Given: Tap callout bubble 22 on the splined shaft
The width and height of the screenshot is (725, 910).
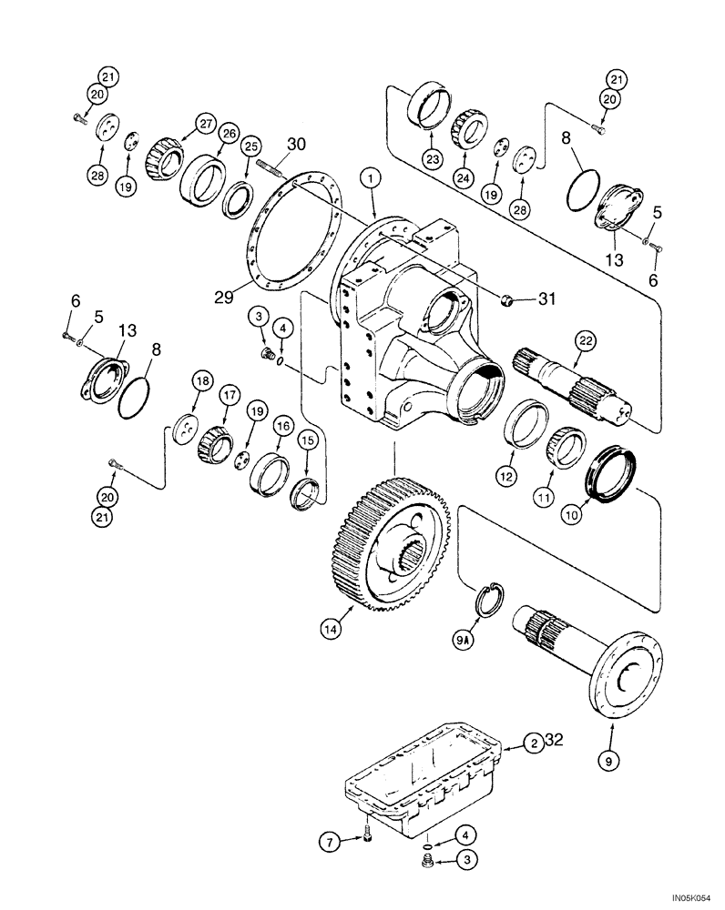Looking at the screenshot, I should pyautogui.click(x=585, y=340).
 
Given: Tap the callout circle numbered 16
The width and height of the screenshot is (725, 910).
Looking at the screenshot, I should pyautogui.click(x=284, y=425).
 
